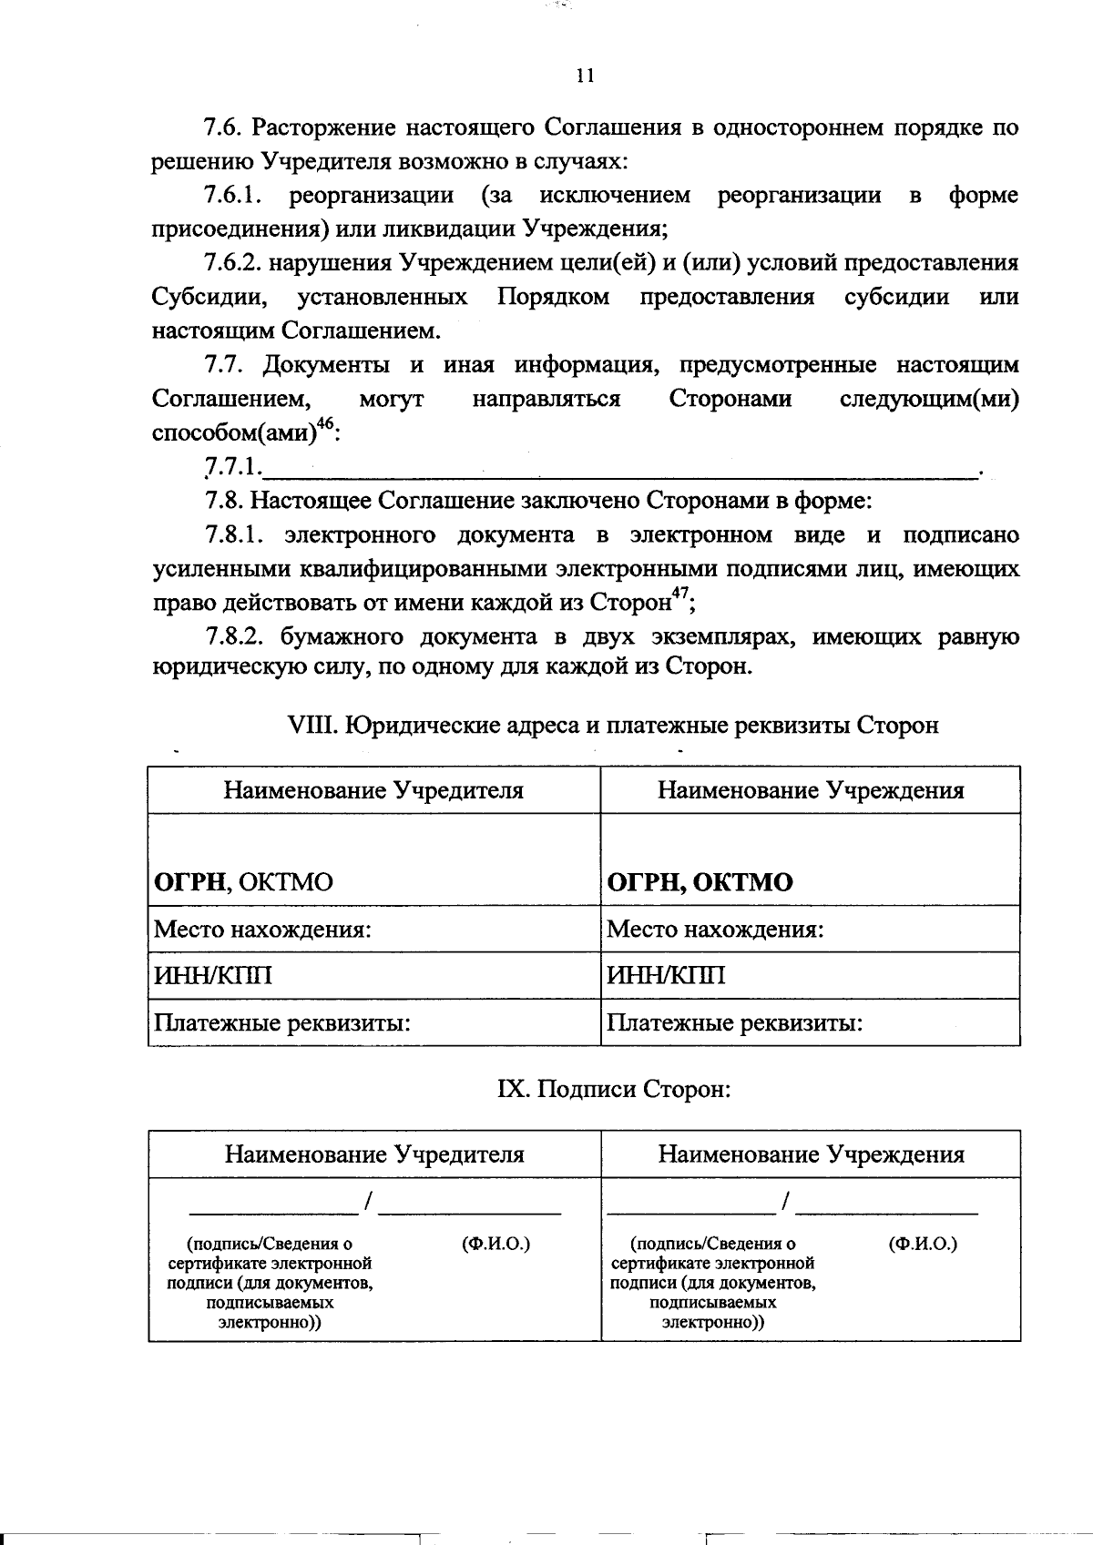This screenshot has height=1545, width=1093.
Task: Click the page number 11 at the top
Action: tap(585, 76)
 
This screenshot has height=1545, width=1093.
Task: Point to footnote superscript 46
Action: tap(325, 424)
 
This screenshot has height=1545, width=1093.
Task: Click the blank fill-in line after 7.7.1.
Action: tap(619, 471)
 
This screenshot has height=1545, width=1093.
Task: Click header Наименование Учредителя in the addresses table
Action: tap(373, 790)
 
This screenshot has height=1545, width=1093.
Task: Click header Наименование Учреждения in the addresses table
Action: tap(811, 790)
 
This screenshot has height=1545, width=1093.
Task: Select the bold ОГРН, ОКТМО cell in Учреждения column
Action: tap(700, 882)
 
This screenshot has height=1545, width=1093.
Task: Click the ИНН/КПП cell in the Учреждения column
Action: tap(666, 976)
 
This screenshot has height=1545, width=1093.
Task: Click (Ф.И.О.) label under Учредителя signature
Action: tap(495, 1244)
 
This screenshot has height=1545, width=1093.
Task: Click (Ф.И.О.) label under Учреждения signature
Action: tap(922, 1244)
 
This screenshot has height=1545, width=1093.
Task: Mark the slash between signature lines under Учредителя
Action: tap(368, 1203)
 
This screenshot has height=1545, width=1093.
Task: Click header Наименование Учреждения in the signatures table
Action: tap(811, 1154)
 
